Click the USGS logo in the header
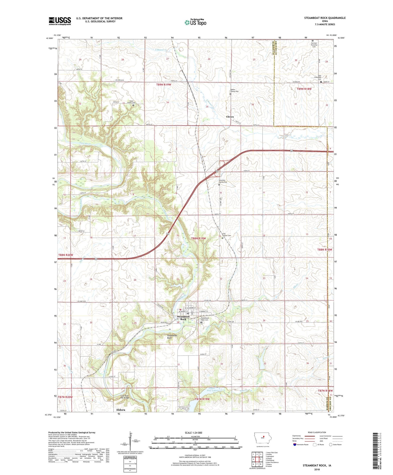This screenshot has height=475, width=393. [x=60, y=21]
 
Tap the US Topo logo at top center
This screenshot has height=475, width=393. [x=195, y=22]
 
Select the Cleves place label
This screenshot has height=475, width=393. [x=230, y=117]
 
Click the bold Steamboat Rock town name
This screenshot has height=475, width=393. [x=183, y=318]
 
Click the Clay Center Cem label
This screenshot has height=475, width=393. [x=226, y=235]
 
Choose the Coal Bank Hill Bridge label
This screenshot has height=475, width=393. [x=125, y=397]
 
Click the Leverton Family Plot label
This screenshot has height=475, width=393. [x=225, y=181]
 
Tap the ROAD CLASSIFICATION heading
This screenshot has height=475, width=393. [x=317, y=432]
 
